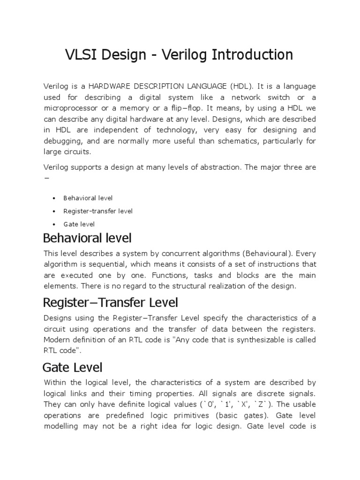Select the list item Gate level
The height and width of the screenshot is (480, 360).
coord(79,224)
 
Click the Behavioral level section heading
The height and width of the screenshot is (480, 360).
coord(87,238)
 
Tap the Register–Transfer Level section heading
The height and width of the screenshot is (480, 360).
coord(110,302)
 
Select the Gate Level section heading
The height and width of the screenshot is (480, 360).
coord(73,367)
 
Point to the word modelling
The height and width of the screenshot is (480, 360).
coord(63,426)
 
